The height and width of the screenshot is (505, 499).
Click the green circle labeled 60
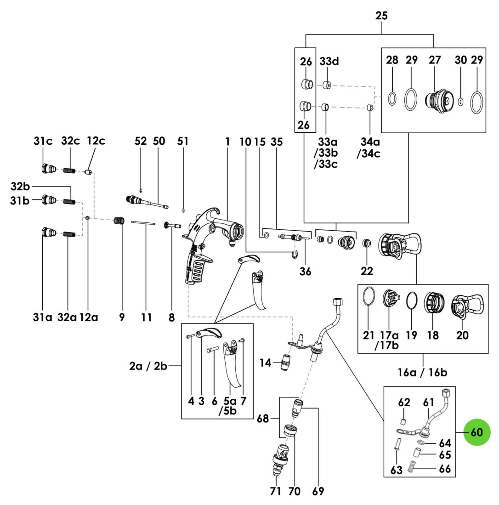tap(477, 432)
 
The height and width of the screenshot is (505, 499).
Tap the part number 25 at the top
tap(381, 16)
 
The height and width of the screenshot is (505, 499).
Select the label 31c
tap(43, 141)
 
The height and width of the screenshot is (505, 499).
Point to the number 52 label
tap(141, 141)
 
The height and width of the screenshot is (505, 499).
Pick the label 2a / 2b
tap(148, 366)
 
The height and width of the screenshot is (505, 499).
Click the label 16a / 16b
tap(422, 373)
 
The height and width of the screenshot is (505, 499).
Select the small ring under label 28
tap(392, 98)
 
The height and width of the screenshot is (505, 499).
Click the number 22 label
tap(367, 271)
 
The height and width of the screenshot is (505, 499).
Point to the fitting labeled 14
tap(285, 362)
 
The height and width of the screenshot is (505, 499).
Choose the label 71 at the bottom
tap(275, 491)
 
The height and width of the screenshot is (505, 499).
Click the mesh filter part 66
tap(411, 467)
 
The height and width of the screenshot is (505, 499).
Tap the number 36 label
tap(305, 271)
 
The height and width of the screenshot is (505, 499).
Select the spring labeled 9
tap(119, 221)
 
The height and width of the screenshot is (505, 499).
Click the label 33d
tap(329, 61)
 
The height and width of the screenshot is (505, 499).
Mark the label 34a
tap(370, 142)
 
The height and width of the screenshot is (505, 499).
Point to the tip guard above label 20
tap(467, 306)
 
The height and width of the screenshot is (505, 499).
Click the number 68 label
tap(262, 418)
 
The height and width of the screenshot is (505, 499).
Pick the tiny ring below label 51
tap(183, 210)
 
